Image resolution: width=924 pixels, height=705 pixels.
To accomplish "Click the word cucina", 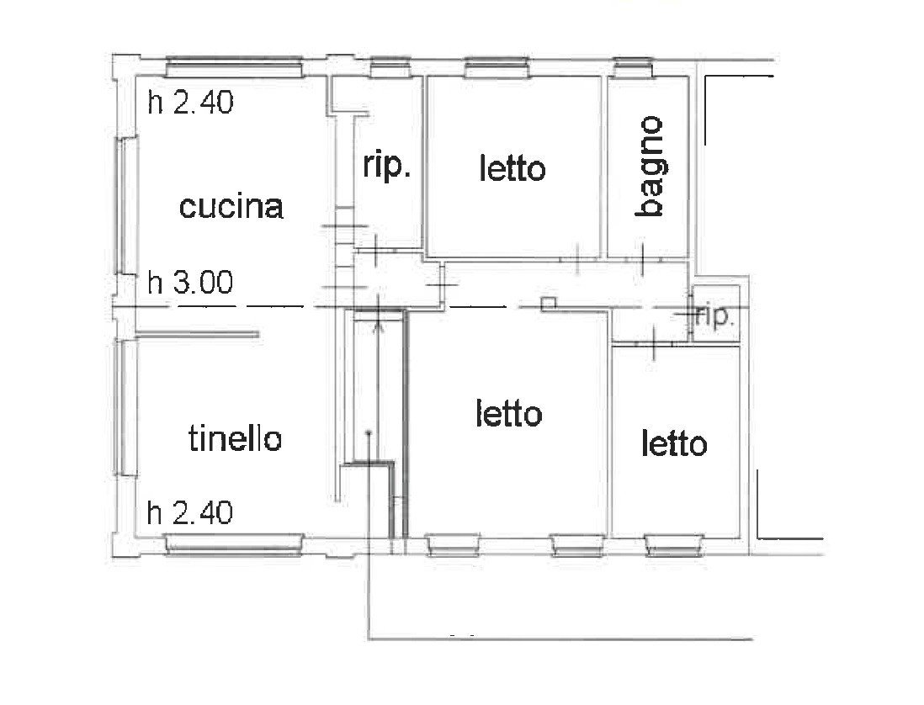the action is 231,207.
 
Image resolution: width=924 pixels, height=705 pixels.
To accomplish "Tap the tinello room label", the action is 235,438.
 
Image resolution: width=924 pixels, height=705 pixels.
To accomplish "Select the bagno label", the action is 651,167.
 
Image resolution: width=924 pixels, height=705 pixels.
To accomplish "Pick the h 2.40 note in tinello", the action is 190,512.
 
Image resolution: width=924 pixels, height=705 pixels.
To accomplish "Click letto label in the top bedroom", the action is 512,168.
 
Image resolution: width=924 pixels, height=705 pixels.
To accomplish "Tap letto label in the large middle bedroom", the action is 508,413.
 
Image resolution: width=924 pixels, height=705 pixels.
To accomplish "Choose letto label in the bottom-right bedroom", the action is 674,443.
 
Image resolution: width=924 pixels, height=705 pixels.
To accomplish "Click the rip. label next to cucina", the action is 386,166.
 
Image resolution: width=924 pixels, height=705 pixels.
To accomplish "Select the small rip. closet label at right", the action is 714,317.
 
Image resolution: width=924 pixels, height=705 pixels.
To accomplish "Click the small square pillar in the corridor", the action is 548,303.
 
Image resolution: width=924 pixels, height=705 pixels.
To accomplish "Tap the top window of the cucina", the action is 234,67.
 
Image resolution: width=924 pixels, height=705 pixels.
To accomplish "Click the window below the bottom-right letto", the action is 674,545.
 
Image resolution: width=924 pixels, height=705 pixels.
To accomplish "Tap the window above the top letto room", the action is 497,67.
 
